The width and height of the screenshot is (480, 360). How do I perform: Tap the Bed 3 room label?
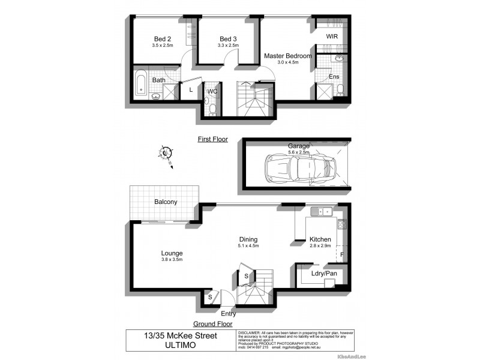pos(228,38)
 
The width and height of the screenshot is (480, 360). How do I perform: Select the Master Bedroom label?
pos(288,56)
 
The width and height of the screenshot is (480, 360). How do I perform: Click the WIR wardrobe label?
pos(332,37)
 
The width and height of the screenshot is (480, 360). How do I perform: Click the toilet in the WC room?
pos(212,108)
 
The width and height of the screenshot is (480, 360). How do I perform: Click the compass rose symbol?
pos(166,153)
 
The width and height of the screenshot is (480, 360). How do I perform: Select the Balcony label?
pos(165,202)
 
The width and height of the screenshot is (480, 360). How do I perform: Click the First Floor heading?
pos(213,139)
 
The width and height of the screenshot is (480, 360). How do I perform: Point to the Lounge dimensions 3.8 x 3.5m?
pos(171,260)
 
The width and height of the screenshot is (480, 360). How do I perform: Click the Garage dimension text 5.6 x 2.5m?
pos(298,152)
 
